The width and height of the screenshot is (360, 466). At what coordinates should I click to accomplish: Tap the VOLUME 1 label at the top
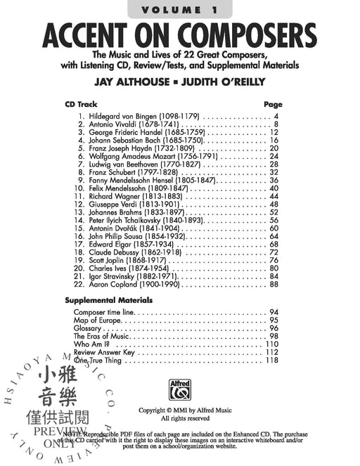pyautogui.click(x=179, y=10)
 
